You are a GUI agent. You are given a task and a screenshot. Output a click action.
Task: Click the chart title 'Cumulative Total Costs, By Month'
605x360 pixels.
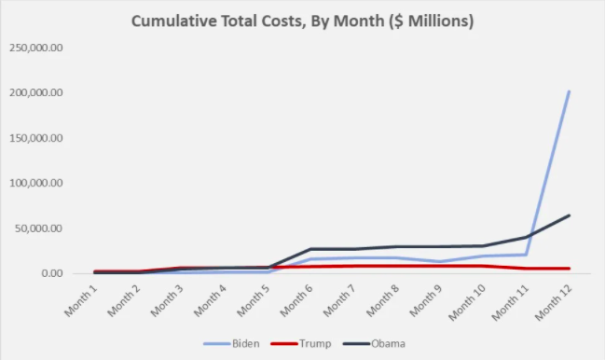(x=302, y=21)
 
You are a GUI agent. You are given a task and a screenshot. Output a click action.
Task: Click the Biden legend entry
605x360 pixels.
(x=233, y=343)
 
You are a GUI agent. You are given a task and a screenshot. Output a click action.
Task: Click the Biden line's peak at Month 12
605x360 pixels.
(x=569, y=91)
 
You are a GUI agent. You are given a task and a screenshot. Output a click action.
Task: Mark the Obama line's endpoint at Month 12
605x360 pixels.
(x=569, y=215)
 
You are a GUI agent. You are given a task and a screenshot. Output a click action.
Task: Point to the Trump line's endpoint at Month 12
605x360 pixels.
(x=569, y=269)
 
